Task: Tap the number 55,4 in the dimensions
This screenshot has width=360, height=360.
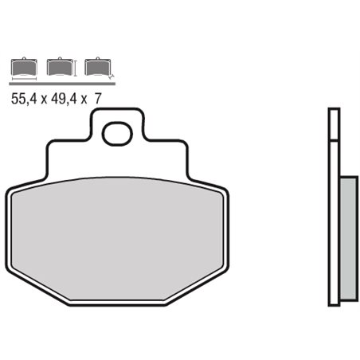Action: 22,98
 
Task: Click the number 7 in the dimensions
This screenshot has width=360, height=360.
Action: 97,98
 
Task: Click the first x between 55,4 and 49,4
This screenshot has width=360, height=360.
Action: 43,99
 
